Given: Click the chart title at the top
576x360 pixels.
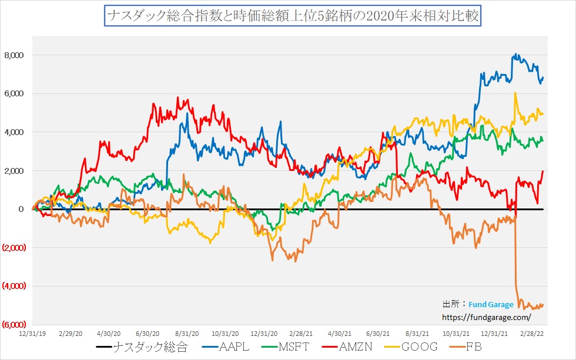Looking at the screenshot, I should (x=293, y=15).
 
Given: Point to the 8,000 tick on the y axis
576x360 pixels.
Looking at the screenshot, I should (x=14, y=55).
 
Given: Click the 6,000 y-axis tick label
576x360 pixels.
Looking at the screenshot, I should (x=14, y=94).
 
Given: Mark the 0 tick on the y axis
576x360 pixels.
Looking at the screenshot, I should (x=21, y=209).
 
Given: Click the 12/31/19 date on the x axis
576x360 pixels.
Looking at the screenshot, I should (x=33, y=332).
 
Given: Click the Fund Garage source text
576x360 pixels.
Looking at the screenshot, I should (x=491, y=305).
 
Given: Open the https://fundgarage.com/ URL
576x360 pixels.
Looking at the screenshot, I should (x=485, y=317).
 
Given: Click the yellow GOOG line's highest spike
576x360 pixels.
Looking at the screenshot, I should (x=515, y=93).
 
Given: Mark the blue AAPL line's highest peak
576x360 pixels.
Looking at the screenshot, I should (x=515, y=55).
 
